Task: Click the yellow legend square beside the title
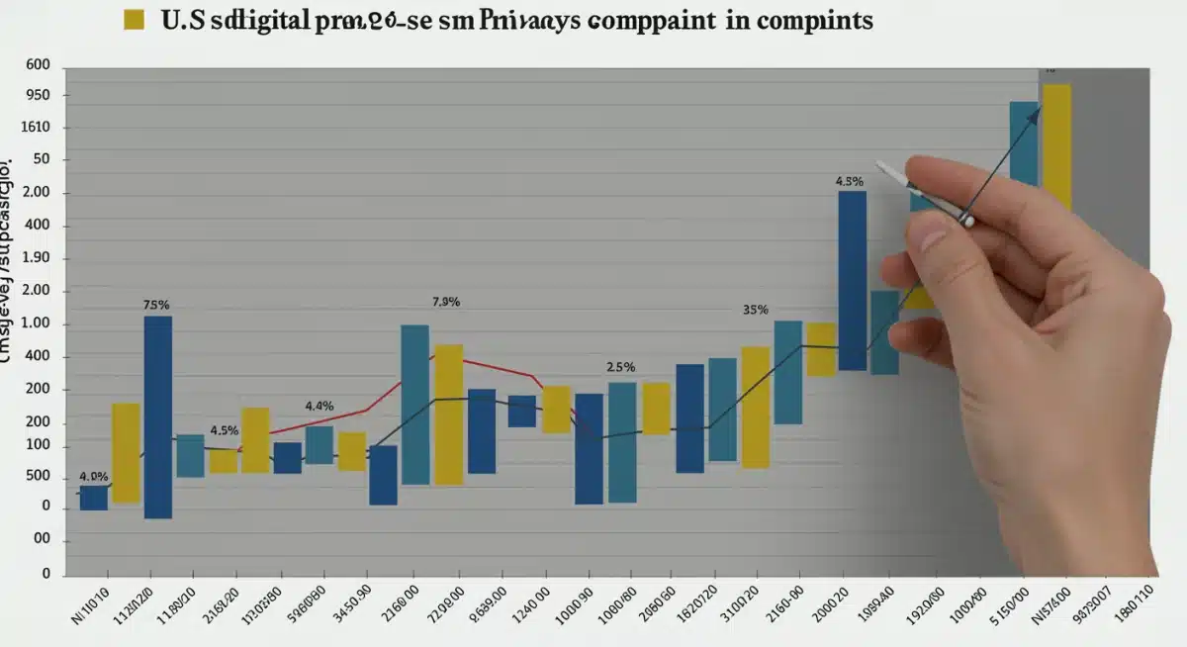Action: click(x=134, y=20)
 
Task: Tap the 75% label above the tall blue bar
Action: click(x=156, y=306)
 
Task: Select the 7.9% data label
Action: click(x=446, y=303)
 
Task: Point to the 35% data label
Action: click(x=756, y=310)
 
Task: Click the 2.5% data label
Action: click(x=620, y=367)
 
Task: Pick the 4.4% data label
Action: click(x=319, y=406)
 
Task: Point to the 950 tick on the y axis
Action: click(x=35, y=96)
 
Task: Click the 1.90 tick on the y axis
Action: click(x=35, y=259)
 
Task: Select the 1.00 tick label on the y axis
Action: click(x=35, y=324)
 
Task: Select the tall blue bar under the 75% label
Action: click(x=158, y=416)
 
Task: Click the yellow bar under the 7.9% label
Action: click(x=449, y=414)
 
